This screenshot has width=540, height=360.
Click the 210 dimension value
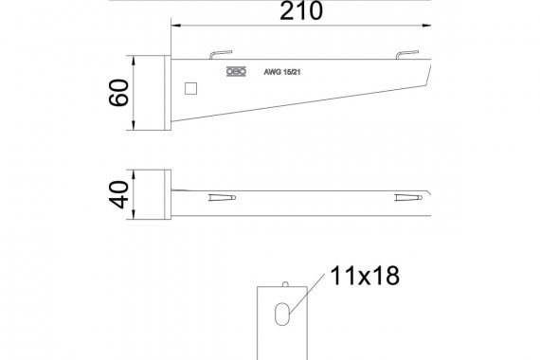[x=301, y=11]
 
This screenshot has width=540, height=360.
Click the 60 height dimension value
[x=118, y=92]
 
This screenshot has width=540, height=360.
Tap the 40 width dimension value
[x=118, y=194]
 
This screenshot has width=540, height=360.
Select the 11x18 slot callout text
[x=365, y=276]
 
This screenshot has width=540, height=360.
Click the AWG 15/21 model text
[x=282, y=72]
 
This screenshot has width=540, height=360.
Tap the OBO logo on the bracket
[x=236, y=72]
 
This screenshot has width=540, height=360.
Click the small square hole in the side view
[x=190, y=88]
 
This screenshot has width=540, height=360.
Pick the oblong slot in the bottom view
[x=281, y=314]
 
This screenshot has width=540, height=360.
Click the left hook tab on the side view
[x=221, y=54]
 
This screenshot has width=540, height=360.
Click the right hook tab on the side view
[x=407, y=54]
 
